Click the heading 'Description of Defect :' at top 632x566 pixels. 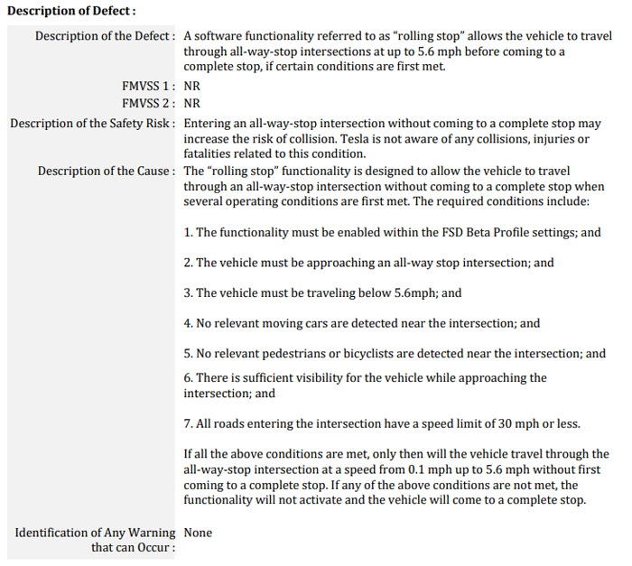[71, 11]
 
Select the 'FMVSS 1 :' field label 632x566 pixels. [148, 86]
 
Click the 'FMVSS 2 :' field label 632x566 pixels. [148, 103]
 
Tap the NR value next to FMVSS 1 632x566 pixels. [192, 86]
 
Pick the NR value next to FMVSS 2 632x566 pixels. [192, 103]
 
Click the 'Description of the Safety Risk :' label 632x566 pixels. [93, 123]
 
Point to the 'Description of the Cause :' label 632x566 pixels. [107, 171]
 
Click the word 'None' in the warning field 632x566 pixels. [198, 533]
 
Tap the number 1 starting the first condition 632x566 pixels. [187, 233]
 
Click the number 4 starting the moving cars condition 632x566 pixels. [187, 323]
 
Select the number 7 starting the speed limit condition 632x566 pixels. [187, 424]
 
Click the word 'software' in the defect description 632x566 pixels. [218, 36]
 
